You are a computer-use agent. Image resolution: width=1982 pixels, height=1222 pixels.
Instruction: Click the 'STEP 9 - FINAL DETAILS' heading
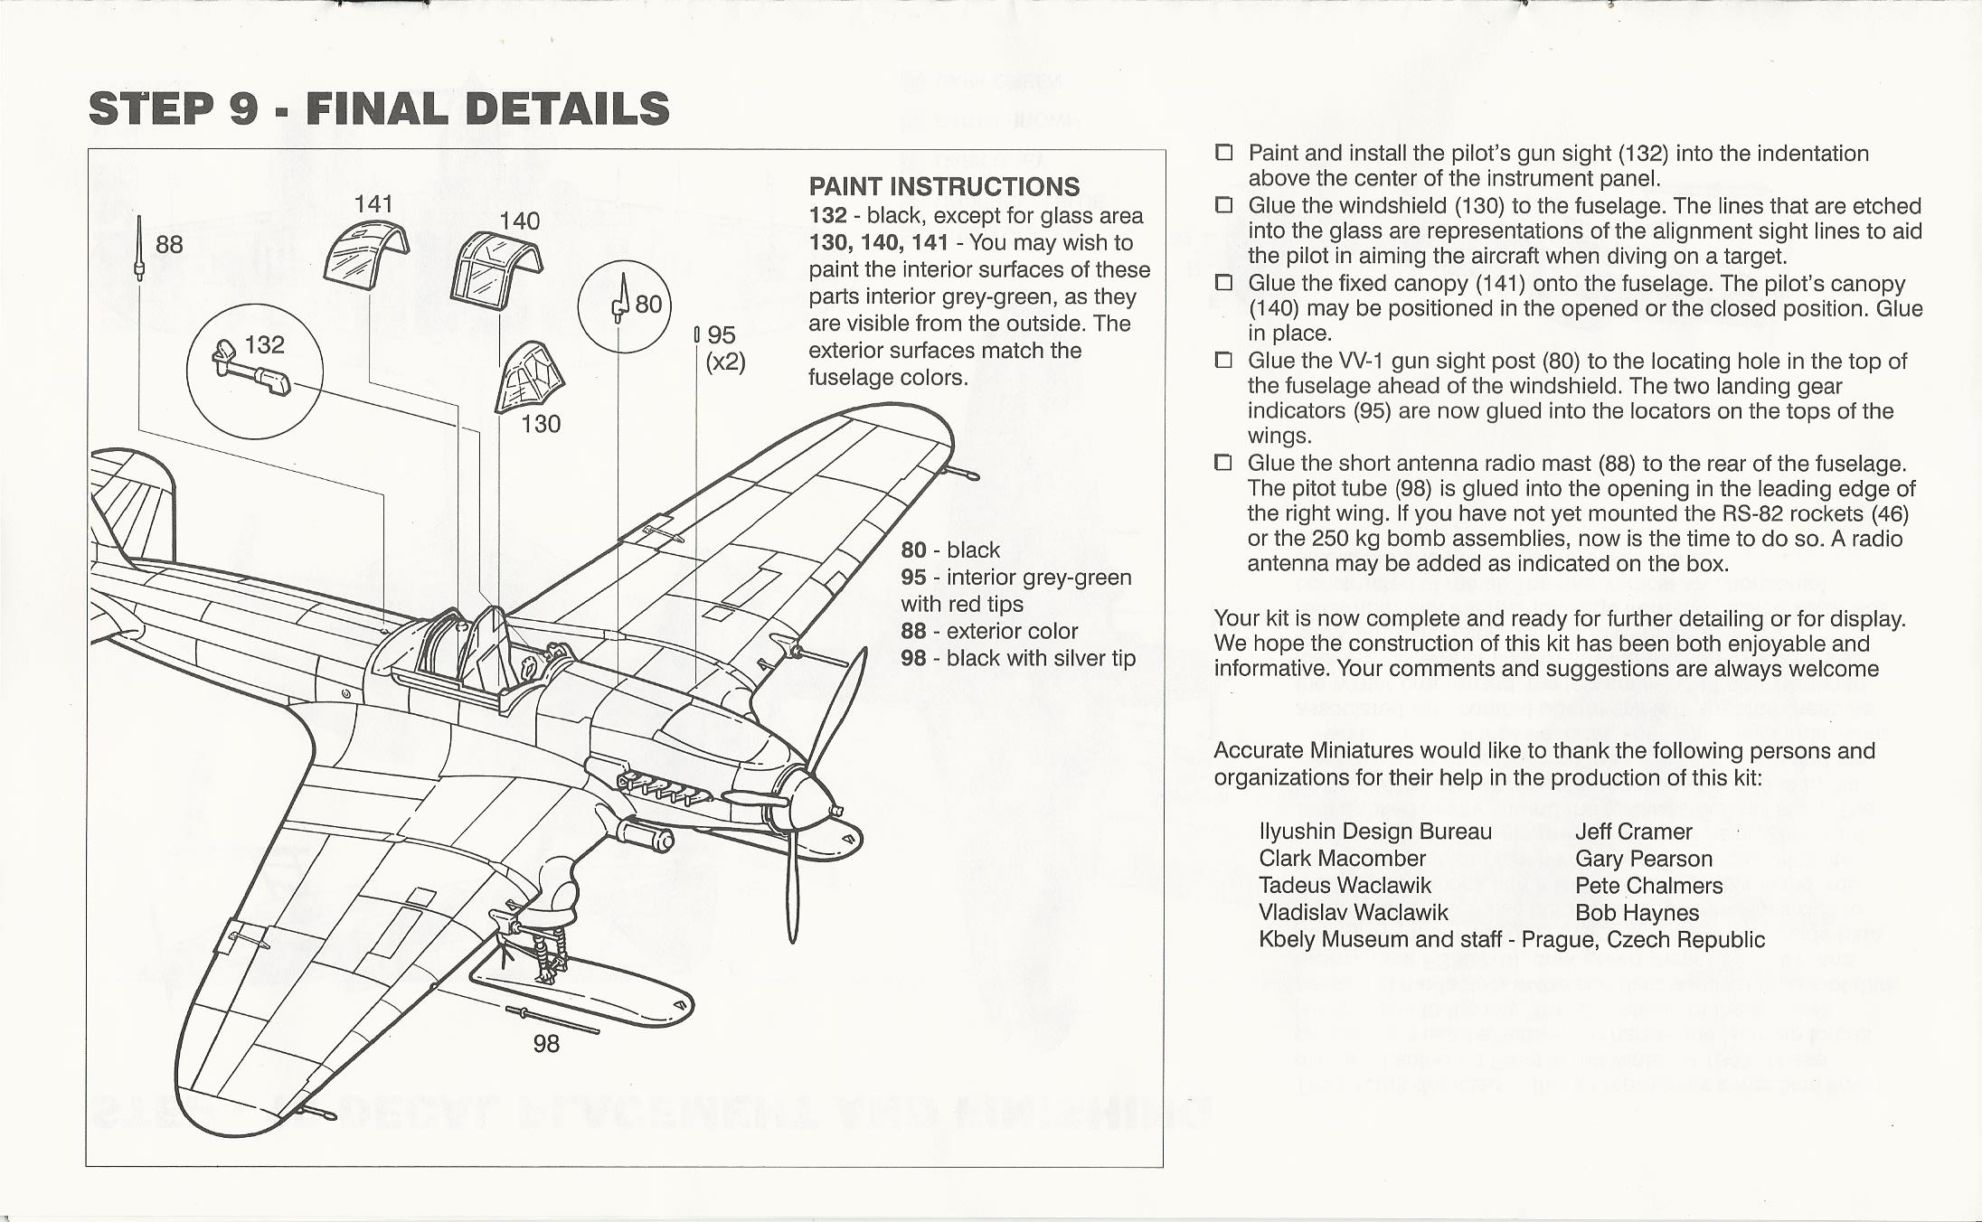(x=379, y=108)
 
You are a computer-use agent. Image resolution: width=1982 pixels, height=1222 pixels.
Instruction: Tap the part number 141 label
(x=373, y=204)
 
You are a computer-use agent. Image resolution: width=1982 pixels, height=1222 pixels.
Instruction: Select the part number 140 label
(x=519, y=221)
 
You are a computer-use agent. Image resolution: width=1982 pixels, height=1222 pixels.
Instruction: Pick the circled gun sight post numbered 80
(x=620, y=299)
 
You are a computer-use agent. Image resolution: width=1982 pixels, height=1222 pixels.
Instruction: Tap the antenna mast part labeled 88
(x=138, y=248)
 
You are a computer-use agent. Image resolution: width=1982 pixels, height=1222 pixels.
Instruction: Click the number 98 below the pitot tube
(x=546, y=1044)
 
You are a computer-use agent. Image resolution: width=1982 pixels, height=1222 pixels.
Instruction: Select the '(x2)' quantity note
(x=725, y=362)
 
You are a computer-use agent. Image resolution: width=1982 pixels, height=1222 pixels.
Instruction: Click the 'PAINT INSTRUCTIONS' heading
(x=944, y=187)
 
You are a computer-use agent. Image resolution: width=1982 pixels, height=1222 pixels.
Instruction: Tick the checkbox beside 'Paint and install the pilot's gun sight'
(x=1224, y=154)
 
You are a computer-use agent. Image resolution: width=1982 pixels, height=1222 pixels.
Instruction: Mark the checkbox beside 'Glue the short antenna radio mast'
(x=1224, y=464)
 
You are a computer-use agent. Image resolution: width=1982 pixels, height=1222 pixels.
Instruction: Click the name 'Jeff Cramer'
(x=1633, y=832)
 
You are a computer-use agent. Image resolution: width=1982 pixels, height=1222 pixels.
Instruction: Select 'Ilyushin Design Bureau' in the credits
(x=1374, y=832)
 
